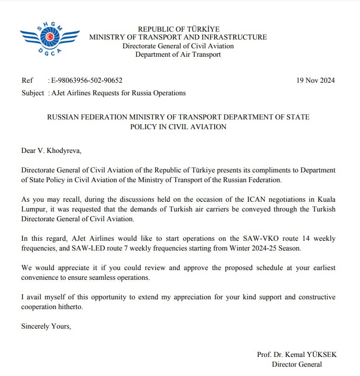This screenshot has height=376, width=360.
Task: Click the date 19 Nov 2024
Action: (x=315, y=80)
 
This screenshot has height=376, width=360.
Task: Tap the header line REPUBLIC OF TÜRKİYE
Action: (x=178, y=29)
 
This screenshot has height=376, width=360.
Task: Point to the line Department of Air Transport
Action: (x=178, y=54)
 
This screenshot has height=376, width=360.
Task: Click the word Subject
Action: (x=33, y=93)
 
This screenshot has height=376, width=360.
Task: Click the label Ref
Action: (x=27, y=80)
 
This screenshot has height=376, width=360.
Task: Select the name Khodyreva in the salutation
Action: (x=64, y=151)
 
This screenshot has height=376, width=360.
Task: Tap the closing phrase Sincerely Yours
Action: (x=46, y=326)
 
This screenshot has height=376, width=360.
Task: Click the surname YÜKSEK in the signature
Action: (x=321, y=355)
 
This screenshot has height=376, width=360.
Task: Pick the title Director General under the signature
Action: (x=297, y=364)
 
